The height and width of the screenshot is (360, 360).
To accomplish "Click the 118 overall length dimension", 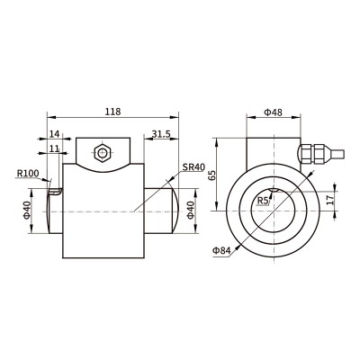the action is point(112,112).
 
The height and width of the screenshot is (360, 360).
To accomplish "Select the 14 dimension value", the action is point(54,134).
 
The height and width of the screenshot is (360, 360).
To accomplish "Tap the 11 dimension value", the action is point(54,148).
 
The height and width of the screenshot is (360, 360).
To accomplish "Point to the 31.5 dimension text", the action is point(161,134).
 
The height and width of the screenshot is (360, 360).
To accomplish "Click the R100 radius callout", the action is point(28,173).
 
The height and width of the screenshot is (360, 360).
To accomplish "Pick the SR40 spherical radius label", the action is point(193,167).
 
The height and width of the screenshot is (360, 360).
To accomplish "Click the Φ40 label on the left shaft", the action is point(27,211).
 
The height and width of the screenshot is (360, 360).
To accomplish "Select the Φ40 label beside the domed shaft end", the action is point(191,211).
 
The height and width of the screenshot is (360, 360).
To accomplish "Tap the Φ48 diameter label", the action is point(273,112).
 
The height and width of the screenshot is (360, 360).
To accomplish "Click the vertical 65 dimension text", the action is point(212,175).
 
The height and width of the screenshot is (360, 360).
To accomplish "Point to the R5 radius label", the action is point(264,201).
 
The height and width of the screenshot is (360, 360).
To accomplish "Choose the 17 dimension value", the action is point(330,200).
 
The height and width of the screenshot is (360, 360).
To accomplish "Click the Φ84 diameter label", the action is point(221,250).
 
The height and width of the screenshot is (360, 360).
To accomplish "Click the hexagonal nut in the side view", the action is point(103,153).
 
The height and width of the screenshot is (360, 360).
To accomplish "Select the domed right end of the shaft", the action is point(175,211).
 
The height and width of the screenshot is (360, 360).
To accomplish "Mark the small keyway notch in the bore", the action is point(274,190).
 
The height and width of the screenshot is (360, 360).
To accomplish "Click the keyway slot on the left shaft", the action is point(56,192).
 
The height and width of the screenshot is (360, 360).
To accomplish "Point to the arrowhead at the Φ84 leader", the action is point(238,247).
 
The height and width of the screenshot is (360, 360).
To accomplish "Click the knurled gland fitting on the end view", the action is point(312,154).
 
